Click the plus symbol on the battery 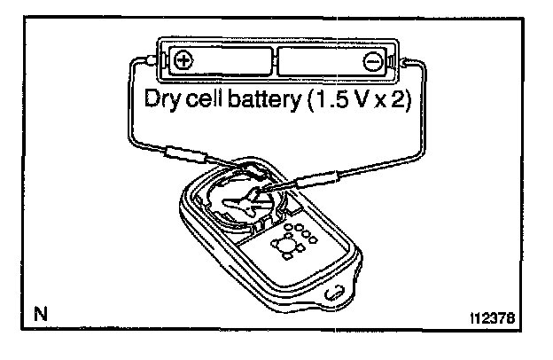pos(183,60)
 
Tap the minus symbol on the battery pos(373,61)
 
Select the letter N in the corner pos(40,312)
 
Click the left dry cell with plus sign pos(217,60)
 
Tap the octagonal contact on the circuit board pos(286,244)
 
